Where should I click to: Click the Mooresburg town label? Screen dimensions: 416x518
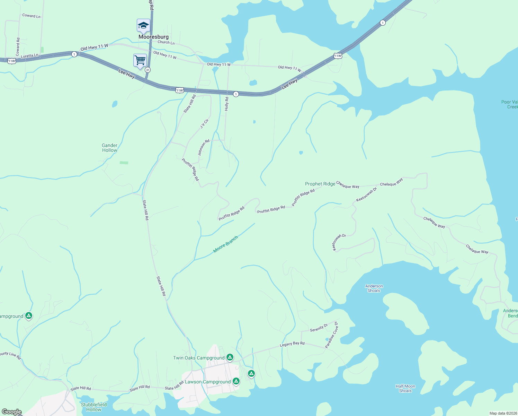point(153,37)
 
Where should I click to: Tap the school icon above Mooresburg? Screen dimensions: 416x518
point(143,26)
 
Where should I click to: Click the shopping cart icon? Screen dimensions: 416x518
point(140,60)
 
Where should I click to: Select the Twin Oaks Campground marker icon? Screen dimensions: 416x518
point(230,357)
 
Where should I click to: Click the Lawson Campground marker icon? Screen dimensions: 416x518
point(236,381)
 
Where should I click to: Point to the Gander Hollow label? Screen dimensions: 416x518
point(109,148)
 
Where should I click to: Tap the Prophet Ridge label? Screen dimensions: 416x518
point(320,184)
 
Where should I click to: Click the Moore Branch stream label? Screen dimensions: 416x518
point(226,244)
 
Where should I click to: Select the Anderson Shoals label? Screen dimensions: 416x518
point(374,288)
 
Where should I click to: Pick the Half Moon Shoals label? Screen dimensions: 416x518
point(405,388)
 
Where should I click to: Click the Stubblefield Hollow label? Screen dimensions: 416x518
point(94,407)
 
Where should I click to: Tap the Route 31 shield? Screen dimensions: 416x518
point(148,70)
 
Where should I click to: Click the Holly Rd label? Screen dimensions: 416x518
point(227,104)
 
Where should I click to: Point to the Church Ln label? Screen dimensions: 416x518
point(166,42)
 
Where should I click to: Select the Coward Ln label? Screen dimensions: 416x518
point(31,16)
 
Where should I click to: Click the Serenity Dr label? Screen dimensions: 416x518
point(319,328)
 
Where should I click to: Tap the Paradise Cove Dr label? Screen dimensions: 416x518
point(331,335)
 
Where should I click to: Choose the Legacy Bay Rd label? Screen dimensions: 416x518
point(292,344)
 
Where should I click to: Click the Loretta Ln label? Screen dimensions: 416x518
point(29,55)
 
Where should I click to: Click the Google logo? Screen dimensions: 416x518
point(11,412)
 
